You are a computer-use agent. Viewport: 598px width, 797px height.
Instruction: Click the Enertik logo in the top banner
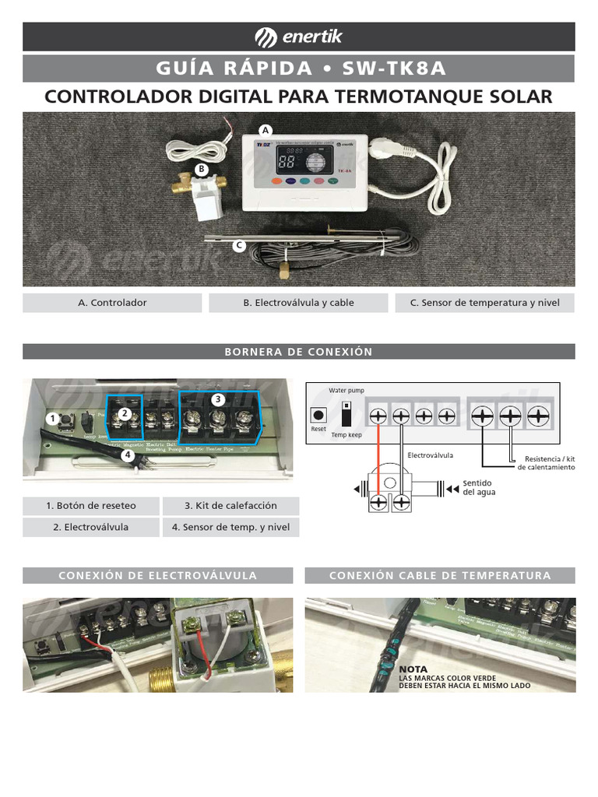click(298, 37)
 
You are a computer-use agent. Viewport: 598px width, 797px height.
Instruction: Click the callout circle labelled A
click(266, 129)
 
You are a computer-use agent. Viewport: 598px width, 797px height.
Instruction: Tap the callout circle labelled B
click(201, 168)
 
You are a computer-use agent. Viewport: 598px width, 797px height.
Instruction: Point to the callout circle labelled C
click(239, 246)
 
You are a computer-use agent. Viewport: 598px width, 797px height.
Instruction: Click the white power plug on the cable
click(387, 145)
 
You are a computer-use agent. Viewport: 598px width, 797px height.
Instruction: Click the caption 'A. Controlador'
click(112, 303)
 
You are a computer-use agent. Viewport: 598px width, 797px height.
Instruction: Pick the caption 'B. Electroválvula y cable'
click(298, 303)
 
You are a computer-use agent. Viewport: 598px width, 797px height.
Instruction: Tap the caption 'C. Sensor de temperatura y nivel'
click(484, 303)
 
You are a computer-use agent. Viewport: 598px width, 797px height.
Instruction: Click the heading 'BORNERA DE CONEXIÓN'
click(298, 352)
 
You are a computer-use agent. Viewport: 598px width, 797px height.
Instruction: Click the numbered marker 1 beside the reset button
click(52, 419)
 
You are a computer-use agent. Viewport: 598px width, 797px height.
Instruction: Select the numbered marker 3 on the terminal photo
click(218, 399)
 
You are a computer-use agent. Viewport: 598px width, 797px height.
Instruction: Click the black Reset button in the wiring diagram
click(318, 415)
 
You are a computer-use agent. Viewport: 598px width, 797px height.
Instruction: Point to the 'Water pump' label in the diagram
click(346, 390)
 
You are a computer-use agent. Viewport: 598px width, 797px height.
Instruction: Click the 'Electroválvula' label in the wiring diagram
click(430, 455)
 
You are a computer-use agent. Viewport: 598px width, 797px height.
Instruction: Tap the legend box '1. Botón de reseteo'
click(91, 506)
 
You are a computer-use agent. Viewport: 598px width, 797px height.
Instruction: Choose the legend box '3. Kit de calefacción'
click(230, 506)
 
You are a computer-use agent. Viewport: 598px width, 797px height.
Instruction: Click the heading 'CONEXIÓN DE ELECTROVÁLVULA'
click(158, 576)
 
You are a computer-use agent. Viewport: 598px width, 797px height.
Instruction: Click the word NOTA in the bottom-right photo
click(413, 669)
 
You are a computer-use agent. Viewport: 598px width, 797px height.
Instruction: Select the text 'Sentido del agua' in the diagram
click(479, 487)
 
